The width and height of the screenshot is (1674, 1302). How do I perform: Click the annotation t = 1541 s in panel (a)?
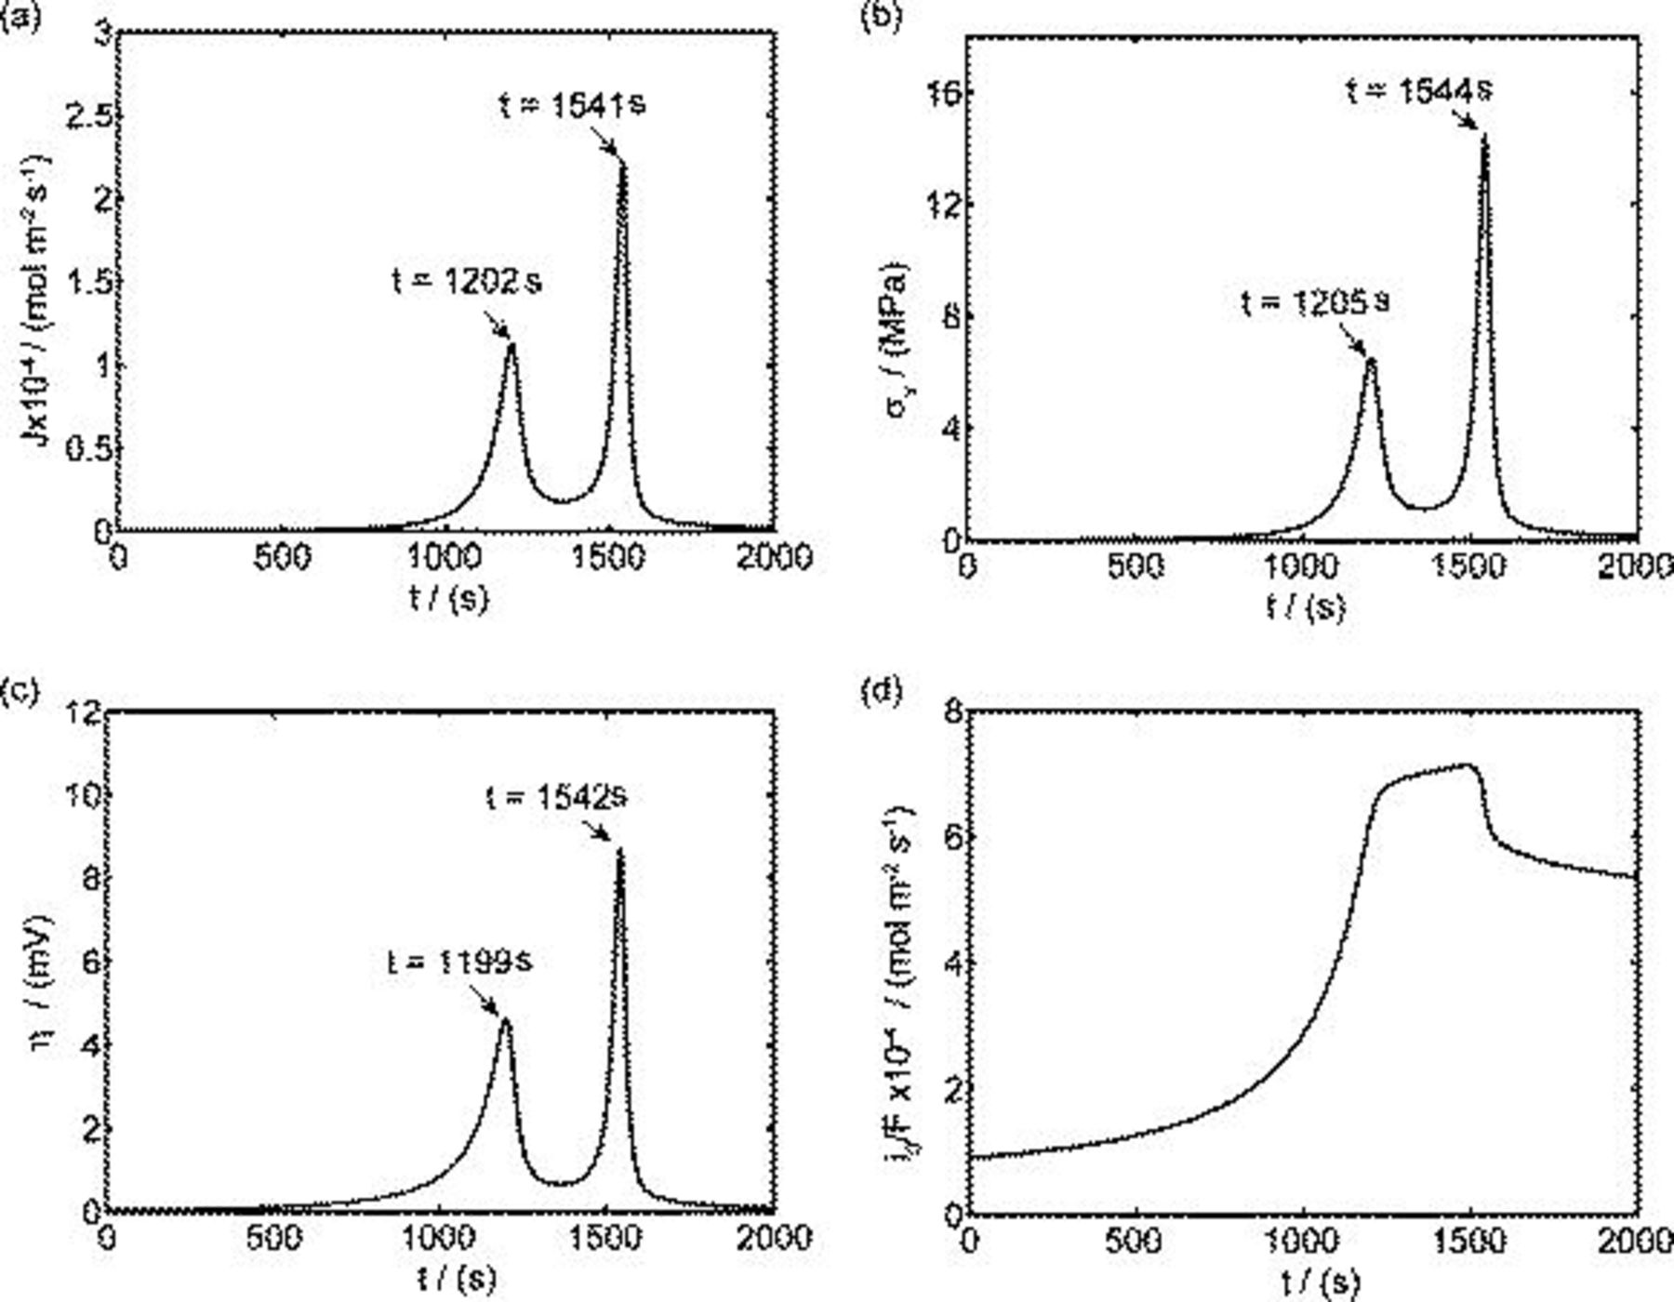(571, 104)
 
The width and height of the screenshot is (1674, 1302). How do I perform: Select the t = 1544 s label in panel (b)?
(1420, 90)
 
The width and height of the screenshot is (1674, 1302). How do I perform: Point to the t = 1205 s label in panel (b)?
(1316, 302)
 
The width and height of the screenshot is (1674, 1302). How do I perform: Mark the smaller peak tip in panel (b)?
(1370, 359)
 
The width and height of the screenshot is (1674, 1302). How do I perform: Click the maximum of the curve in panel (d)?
(1468, 765)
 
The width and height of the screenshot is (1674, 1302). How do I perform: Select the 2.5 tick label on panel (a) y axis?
(89, 114)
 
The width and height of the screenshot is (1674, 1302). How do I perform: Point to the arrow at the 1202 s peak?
(496, 325)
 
